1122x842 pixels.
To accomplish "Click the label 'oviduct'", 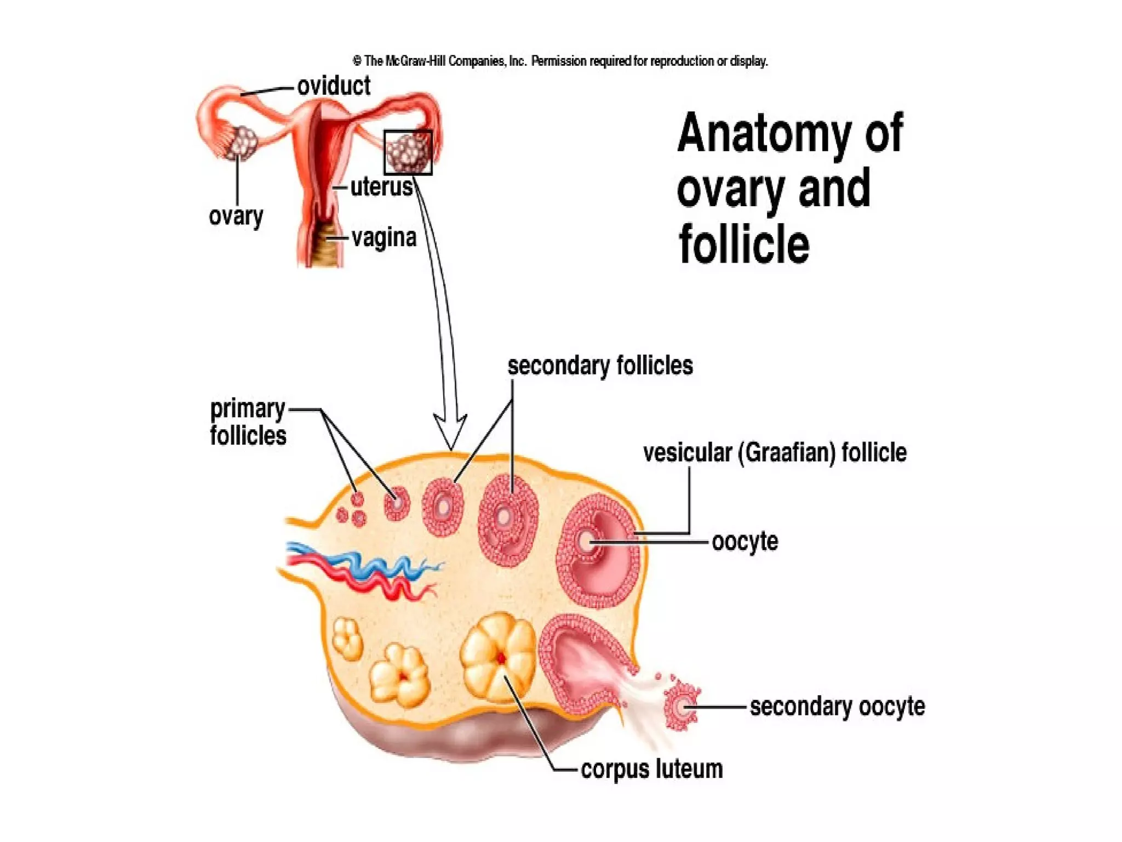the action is (x=334, y=87).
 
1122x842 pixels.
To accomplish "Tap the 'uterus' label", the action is (x=381, y=187).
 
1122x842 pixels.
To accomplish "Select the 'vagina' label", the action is (x=384, y=238).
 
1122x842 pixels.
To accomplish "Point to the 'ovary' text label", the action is (x=236, y=216).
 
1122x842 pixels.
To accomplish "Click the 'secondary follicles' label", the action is (x=600, y=366).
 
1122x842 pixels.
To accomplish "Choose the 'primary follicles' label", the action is (x=248, y=423).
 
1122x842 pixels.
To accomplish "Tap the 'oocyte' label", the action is (x=745, y=542).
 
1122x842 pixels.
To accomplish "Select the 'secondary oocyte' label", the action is (x=837, y=707).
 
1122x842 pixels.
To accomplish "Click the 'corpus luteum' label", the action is (x=651, y=769).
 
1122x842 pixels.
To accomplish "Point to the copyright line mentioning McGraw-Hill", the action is (x=560, y=61).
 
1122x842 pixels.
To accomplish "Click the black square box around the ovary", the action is (x=408, y=152).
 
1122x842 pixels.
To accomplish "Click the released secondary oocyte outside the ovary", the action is (x=682, y=707).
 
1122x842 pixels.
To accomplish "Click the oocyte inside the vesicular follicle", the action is (x=586, y=542).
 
